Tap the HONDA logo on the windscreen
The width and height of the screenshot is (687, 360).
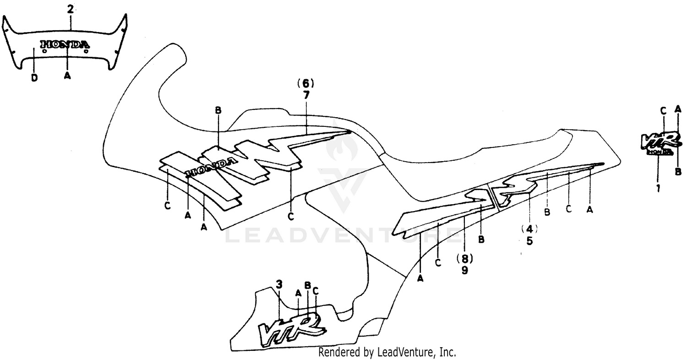click(x=65, y=44)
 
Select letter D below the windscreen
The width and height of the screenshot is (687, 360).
click(x=34, y=78)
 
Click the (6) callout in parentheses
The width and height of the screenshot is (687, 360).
click(x=305, y=83)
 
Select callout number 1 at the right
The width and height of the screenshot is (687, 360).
click(x=658, y=188)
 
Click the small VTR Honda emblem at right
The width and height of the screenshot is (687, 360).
click(x=658, y=143)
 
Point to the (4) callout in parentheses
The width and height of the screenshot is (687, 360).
click(x=529, y=228)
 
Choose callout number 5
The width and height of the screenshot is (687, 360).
click(x=529, y=240)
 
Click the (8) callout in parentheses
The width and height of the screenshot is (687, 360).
click(x=464, y=259)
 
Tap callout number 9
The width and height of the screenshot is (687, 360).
click(x=464, y=270)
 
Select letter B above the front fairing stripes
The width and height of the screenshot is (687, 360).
click(x=218, y=110)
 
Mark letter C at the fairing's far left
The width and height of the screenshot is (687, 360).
click(x=168, y=206)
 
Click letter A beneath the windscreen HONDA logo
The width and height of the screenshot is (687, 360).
click(x=67, y=76)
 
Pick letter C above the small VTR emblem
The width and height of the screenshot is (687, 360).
click(x=663, y=110)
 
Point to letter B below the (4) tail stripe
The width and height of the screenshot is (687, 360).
click(x=547, y=212)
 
